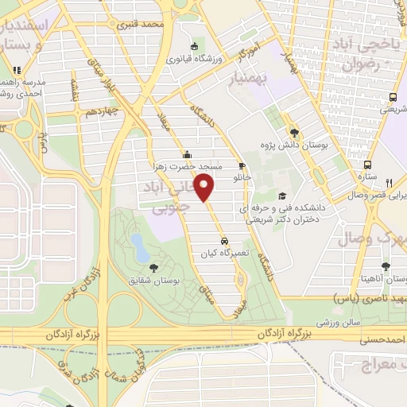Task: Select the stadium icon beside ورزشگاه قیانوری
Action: point(196,46)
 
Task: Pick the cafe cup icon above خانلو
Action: point(242,165)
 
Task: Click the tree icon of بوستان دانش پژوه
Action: point(294,133)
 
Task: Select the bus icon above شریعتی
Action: point(393,98)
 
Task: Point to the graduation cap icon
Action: point(282,196)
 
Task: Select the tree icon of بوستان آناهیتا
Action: point(386,267)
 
